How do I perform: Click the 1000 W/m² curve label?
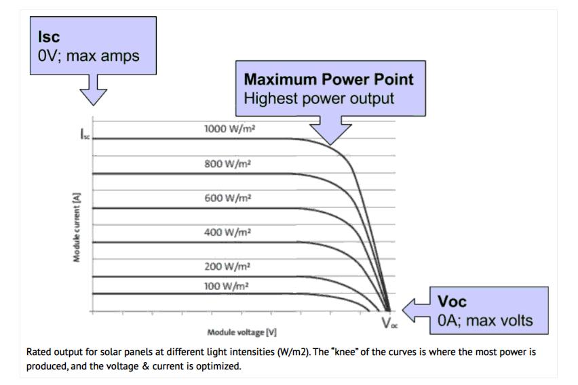[229, 129]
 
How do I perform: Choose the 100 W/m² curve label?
[227, 286]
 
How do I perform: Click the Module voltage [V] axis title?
[242, 333]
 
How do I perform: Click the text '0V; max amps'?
[88, 56]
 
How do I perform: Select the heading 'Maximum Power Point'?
[328, 79]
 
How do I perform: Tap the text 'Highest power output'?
[319, 98]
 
